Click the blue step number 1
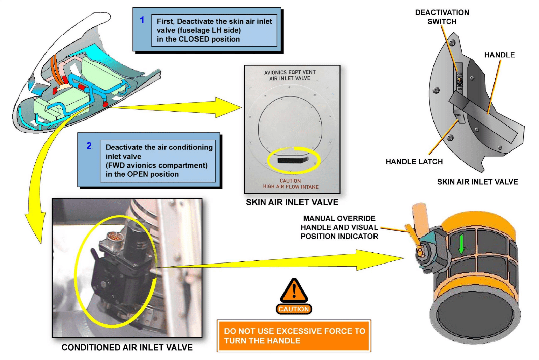coord(142,20)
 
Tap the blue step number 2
coord(89,146)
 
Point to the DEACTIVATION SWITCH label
coord(442,17)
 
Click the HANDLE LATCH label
coord(414,162)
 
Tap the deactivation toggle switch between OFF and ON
coord(459,81)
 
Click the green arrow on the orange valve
coord(462,244)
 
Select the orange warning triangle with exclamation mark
coord(294,290)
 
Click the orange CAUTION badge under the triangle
coord(294,309)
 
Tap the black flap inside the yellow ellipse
coord(293,159)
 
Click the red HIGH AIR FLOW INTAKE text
coord(291,187)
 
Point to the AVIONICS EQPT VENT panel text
coord(290,72)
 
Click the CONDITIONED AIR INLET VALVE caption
coord(127,347)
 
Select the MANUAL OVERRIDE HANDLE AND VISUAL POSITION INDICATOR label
coord(339,227)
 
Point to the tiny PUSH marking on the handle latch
coord(459,115)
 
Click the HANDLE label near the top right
coord(499,55)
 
